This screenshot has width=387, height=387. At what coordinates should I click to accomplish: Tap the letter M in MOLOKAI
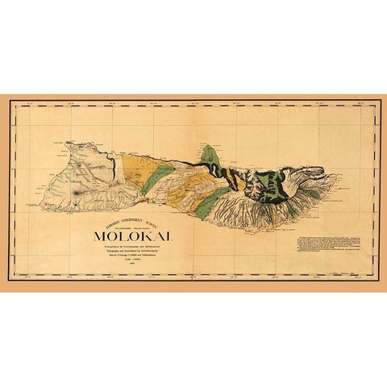tap(102, 235)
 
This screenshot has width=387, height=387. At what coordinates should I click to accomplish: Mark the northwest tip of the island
tap(71, 146)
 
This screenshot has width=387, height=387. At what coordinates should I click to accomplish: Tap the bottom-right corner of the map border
tap(376, 280)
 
